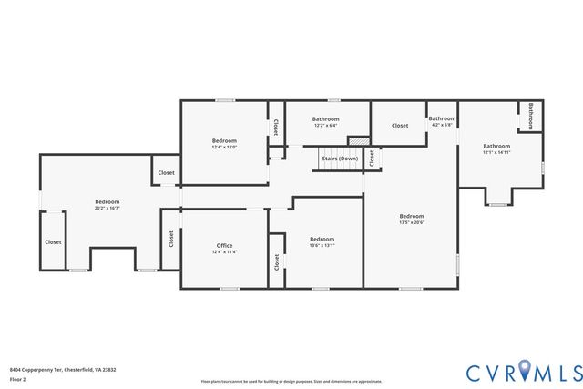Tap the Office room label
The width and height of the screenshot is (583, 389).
click(224, 246)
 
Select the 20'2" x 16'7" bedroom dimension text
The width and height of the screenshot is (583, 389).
click(107, 209)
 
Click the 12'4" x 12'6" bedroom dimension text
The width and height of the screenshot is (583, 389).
click(224, 147)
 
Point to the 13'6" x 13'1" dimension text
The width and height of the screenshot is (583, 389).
click(323, 245)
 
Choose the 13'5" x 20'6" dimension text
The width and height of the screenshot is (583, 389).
click(412, 222)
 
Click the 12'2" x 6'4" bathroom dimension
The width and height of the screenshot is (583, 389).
click(326, 126)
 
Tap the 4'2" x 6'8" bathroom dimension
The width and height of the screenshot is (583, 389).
click(442, 125)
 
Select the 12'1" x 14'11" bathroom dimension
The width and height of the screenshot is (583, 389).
click(496, 152)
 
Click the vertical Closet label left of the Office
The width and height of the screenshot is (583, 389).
click(170, 239)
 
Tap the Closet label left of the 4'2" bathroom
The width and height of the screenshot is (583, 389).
click(400, 125)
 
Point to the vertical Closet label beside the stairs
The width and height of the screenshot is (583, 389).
click(372, 159)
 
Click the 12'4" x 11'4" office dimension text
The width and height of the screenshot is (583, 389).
click(224, 252)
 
